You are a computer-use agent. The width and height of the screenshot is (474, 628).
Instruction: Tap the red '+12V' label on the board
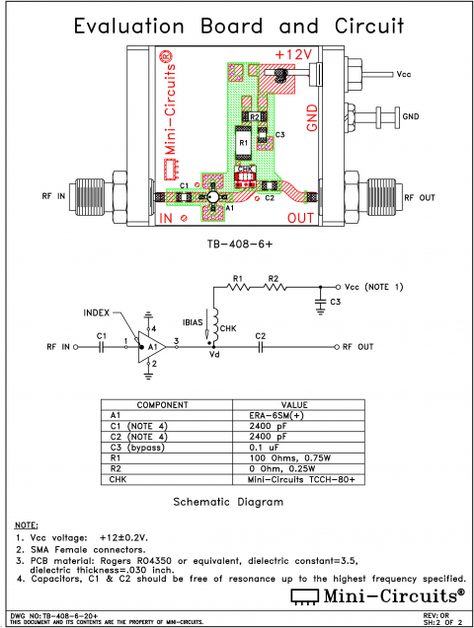point(292,53)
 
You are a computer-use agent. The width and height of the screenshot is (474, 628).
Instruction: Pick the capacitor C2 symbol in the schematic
point(261,347)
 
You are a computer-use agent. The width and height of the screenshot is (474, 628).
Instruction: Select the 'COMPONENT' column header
point(162,405)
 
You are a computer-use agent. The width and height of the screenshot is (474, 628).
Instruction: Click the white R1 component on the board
point(242,143)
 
